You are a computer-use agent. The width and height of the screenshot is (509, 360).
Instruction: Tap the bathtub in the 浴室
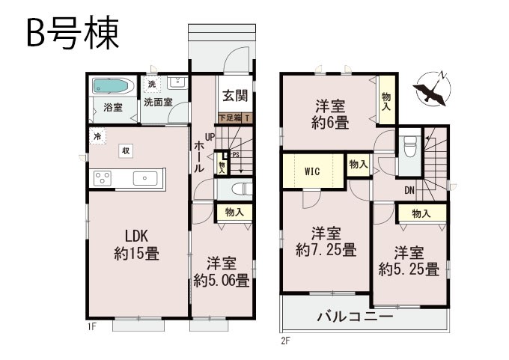pyautogui.click(x=110, y=86)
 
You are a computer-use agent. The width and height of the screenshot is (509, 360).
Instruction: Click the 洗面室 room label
pyautogui.click(x=158, y=103)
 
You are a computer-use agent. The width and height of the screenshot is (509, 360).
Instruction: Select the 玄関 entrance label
pyautogui.click(x=235, y=96)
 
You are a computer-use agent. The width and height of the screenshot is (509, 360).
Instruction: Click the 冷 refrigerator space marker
pyautogui.click(x=97, y=136)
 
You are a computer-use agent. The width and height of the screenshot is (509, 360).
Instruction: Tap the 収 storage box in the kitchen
pyautogui.click(x=126, y=151)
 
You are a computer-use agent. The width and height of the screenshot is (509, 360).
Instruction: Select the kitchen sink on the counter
pyautogui.click(x=145, y=179)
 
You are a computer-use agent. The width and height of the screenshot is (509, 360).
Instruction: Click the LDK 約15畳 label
pyautogui.click(x=137, y=245)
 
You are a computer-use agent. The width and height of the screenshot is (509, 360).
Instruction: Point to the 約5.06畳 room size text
pyautogui.click(x=222, y=281)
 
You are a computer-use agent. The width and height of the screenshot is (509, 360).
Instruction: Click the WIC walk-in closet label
pyautogui.click(x=312, y=171)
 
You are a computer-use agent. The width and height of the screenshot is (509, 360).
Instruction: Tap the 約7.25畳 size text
pyautogui.click(x=326, y=250)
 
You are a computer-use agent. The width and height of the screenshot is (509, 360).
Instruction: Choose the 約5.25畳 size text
pyautogui.click(x=409, y=269)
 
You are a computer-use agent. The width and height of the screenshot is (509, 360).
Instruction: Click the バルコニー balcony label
pyautogui.click(x=355, y=316)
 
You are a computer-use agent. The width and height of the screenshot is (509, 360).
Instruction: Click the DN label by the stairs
pyautogui.click(x=409, y=191)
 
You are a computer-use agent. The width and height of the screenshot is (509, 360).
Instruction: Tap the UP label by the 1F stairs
pyautogui.click(x=210, y=137)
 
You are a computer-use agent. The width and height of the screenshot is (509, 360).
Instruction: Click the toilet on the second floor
pyautogui.click(x=409, y=145)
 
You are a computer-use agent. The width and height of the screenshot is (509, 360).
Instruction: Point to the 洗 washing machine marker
pyautogui.click(x=152, y=85)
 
